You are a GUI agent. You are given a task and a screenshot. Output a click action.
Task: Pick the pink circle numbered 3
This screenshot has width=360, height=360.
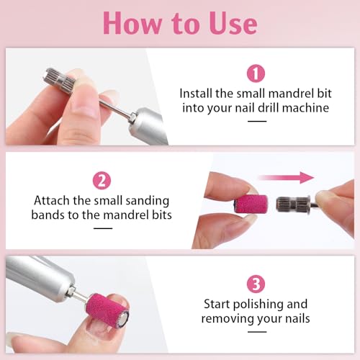256,282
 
